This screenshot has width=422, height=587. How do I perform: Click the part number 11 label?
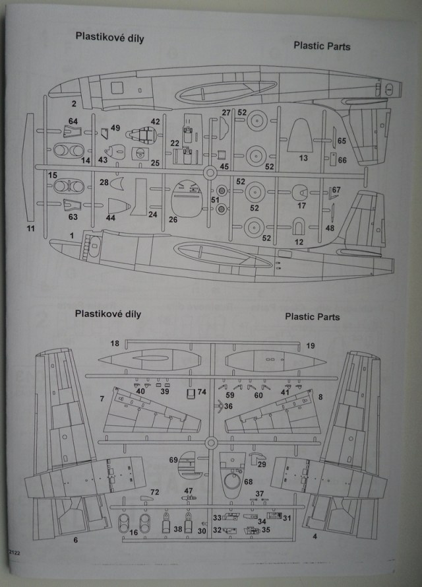click(x=30, y=228)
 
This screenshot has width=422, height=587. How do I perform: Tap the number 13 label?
click(x=303, y=158)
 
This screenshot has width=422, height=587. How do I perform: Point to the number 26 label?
click(x=173, y=219)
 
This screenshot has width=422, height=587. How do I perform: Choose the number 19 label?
click(x=311, y=345)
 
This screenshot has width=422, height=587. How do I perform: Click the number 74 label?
click(x=202, y=392)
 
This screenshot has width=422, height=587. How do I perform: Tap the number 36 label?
click(x=228, y=406)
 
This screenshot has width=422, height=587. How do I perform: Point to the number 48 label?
click(x=330, y=228)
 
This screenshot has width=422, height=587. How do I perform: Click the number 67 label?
click(x=336, y=190)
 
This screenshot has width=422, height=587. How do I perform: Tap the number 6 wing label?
click(x=75, y=540)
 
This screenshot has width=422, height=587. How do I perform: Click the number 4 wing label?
click(x=315, y=536)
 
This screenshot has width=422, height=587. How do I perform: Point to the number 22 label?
click(x=175, y=143)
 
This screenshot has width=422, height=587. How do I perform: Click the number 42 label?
click(x=156, y=121)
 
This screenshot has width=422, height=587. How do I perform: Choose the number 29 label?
click(x=262, y=465)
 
